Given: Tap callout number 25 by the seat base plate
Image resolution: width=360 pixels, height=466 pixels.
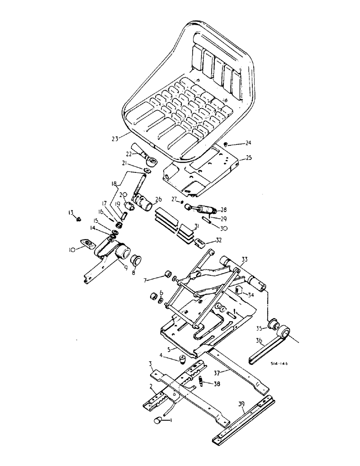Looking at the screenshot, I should coord(248,159).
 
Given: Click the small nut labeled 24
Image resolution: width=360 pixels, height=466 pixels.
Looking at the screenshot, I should coord(225,144).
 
